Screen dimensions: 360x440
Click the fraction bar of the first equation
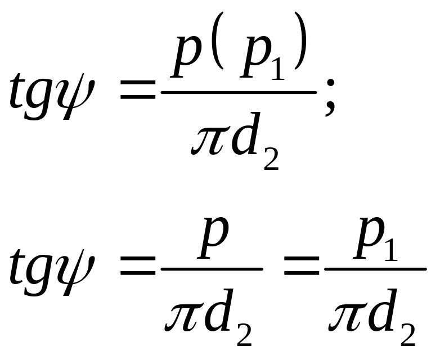coord(239,92)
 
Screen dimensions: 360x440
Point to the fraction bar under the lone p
coord(212,269)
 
